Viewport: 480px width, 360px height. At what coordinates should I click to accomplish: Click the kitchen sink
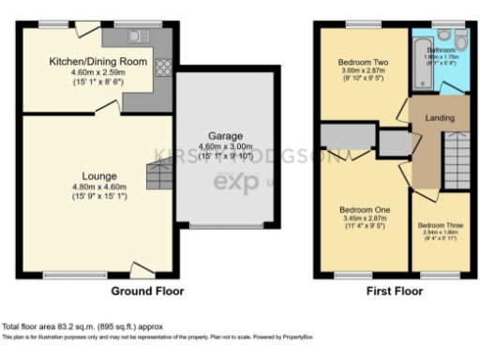[x=141, y=37]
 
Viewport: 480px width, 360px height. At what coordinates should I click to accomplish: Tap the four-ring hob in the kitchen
[x=162, y=67]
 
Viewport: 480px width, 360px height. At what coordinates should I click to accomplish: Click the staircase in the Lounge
[x=157, y=175]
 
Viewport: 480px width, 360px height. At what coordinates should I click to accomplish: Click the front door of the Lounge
[x=142, y=272]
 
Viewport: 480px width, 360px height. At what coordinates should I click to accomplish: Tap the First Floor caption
[x=394, y=291]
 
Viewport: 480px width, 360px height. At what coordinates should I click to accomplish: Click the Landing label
[x=440, y=118]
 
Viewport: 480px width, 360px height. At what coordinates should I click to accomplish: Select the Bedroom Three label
[x=438, y=226]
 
